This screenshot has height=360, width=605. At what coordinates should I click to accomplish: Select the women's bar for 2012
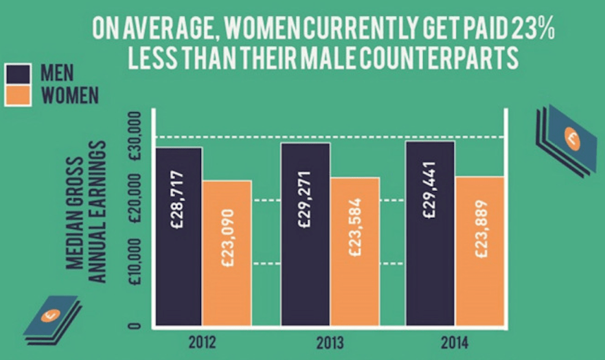point(227,252)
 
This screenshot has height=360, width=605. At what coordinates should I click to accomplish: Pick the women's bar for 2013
point(355,251)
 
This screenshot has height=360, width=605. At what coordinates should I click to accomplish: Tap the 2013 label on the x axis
point(330,341)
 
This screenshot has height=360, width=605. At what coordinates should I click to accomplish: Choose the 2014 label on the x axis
point(455,341)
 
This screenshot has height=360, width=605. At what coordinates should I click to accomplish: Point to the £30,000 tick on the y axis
point(135,137)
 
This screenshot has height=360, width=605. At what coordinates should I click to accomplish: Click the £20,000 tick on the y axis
point(135,200)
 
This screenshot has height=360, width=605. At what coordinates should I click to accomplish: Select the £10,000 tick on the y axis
point(135,264)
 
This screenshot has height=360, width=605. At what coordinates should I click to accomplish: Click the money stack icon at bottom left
point(53,317)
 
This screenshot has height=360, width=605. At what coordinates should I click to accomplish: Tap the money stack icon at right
point(566,138)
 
